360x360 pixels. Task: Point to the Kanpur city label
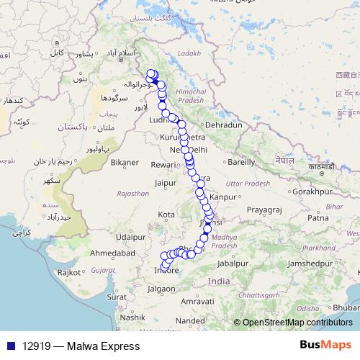(223, 196)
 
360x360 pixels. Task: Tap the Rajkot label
(70, 272)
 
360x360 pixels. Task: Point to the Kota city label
(166, 215)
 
